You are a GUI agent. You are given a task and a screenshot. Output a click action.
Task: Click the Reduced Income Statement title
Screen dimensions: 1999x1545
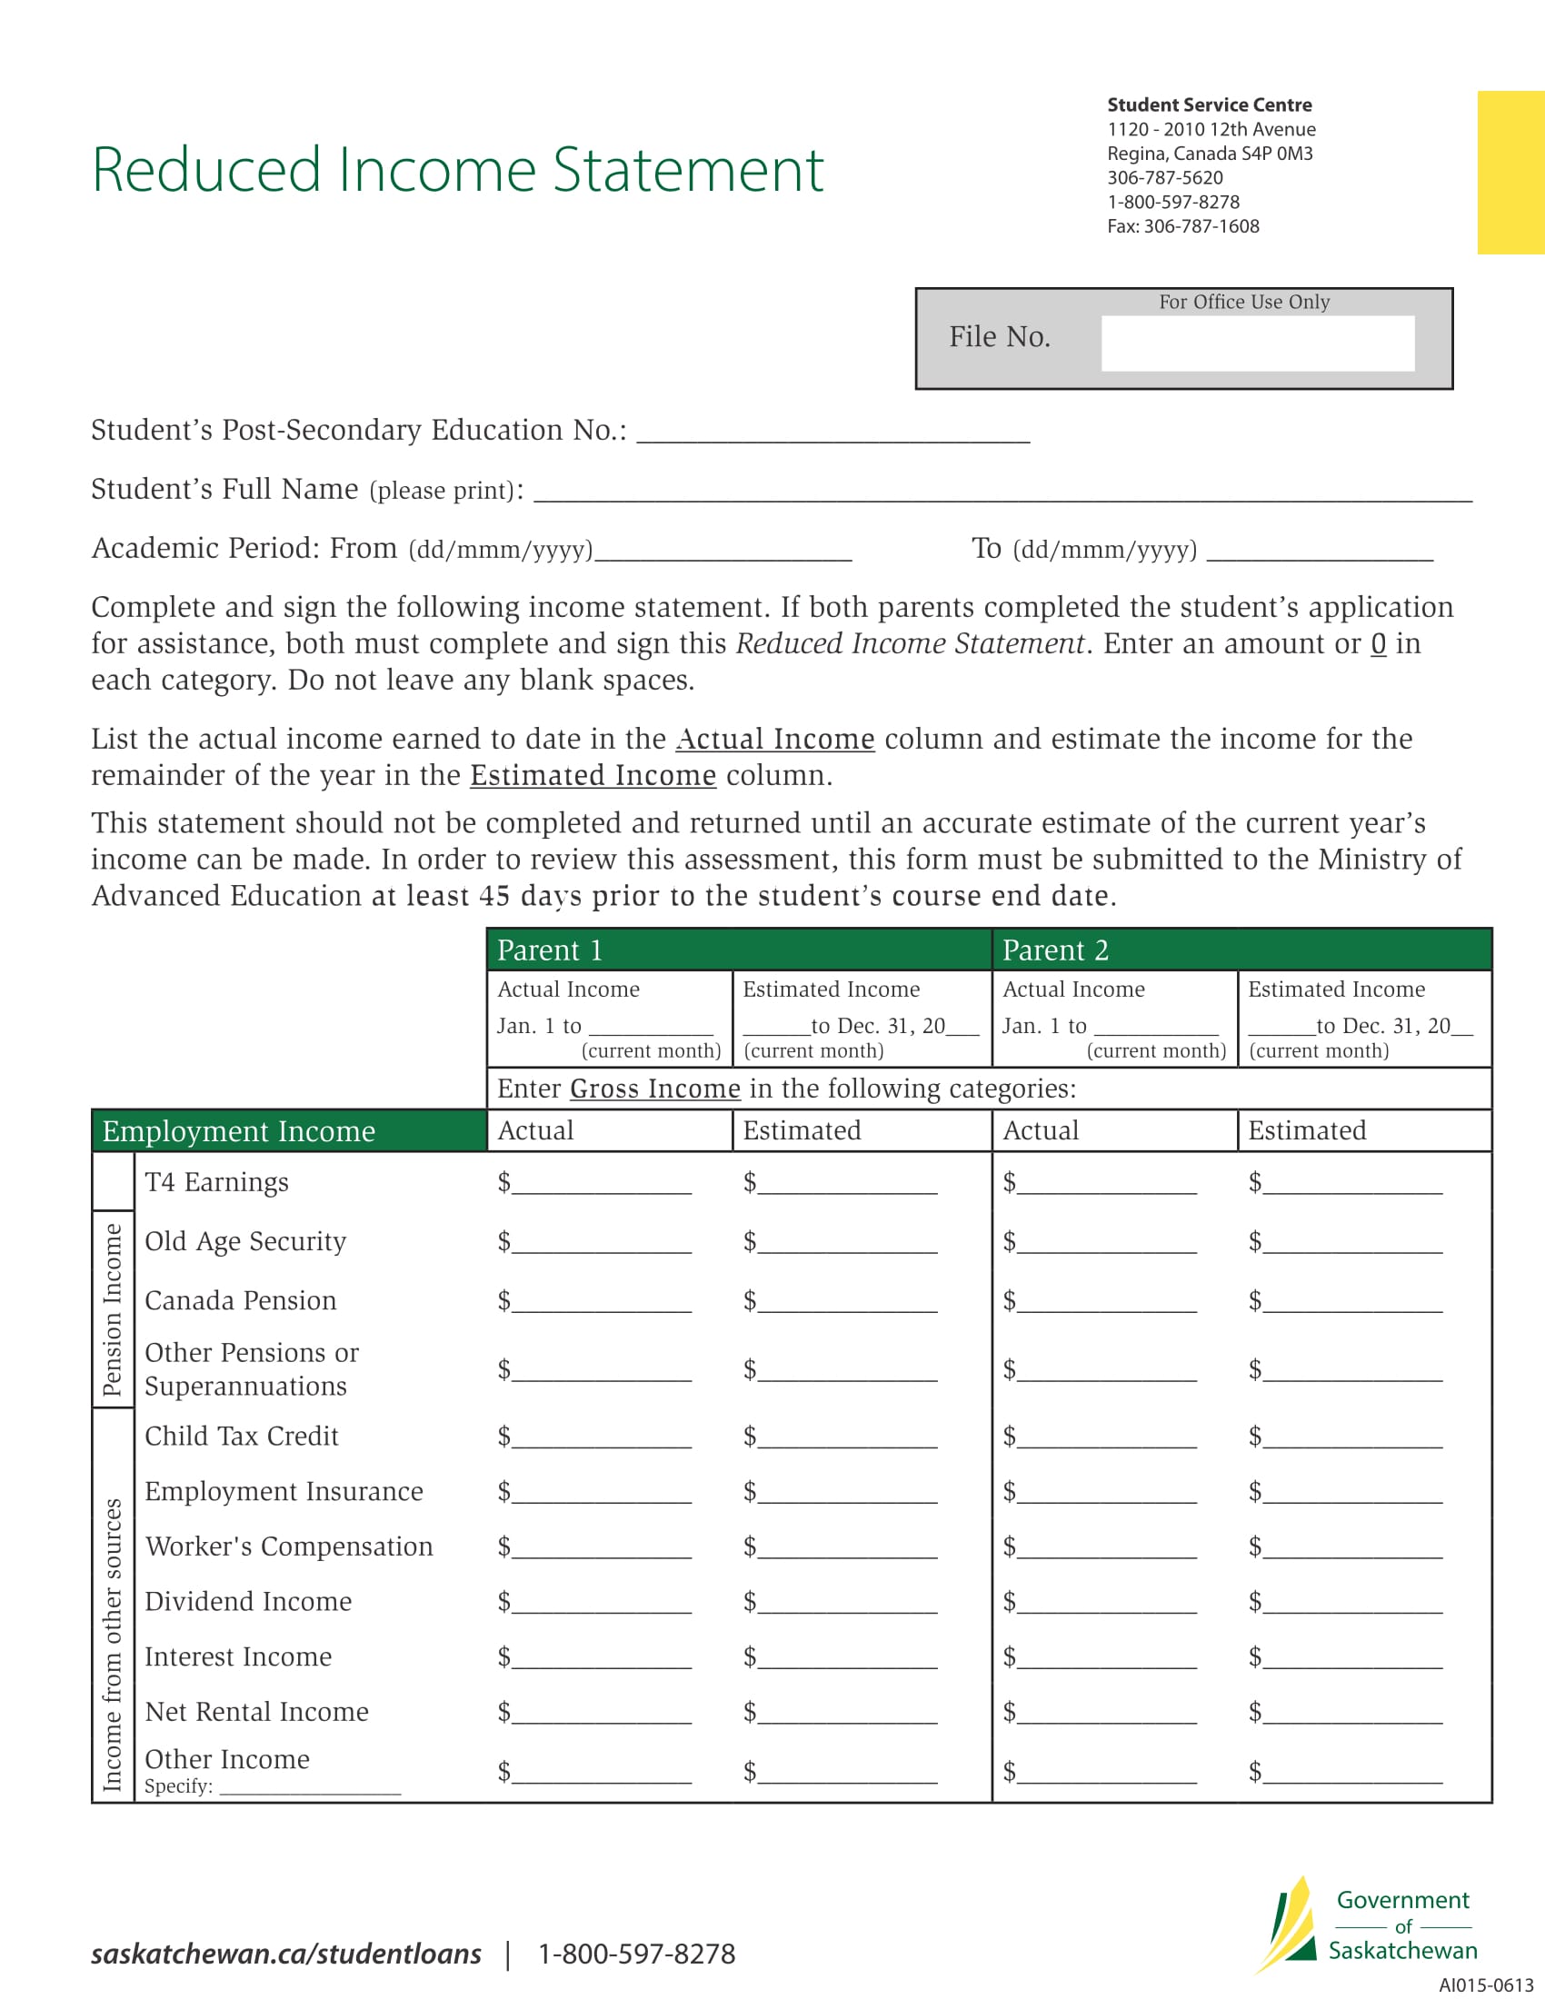click(x=458, y=170)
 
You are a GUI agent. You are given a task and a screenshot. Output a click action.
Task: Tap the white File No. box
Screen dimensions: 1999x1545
click(x=1257, y=343)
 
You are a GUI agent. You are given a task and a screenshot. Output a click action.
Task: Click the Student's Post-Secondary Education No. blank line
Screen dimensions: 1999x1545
click(x=832, y=433)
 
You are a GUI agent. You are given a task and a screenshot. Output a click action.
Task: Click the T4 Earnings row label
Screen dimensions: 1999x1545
click(x=217, y=1182)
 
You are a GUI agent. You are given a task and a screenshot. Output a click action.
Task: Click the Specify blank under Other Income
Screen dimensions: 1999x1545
click(x=310, y=1787)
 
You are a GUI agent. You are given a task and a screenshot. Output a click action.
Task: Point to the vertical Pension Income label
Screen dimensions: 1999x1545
click(x=113, y=1308)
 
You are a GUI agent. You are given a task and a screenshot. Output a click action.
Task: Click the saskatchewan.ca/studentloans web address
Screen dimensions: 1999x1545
click(x=285, y=1954)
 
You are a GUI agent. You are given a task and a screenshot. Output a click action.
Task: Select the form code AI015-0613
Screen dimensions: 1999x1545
click(x=1486, y=1985)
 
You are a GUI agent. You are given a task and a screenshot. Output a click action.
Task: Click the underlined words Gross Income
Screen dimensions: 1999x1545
click(x=654, y=1089)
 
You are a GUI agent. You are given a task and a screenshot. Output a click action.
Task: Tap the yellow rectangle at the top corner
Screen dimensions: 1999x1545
click(x=1510, y=172)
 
